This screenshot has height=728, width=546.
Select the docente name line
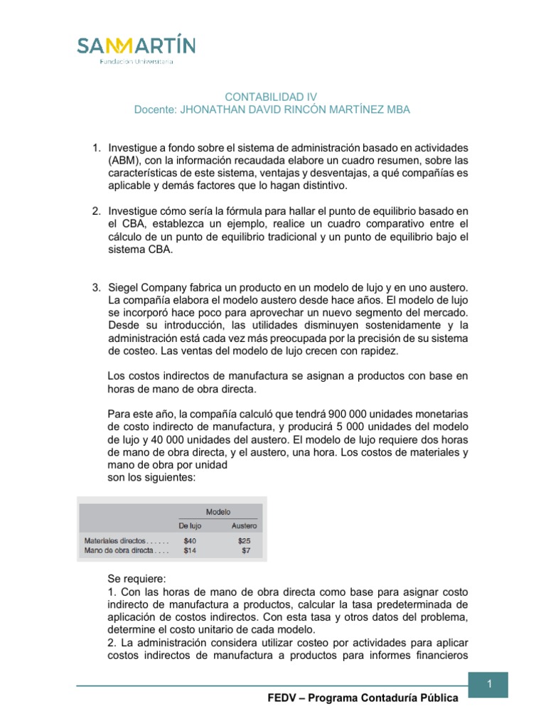point(272,109)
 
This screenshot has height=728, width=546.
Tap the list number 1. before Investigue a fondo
point(97,148)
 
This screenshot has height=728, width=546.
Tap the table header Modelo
point(218,511)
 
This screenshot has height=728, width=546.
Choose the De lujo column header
point(190,526)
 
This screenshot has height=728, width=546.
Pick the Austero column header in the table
point(244,526)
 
